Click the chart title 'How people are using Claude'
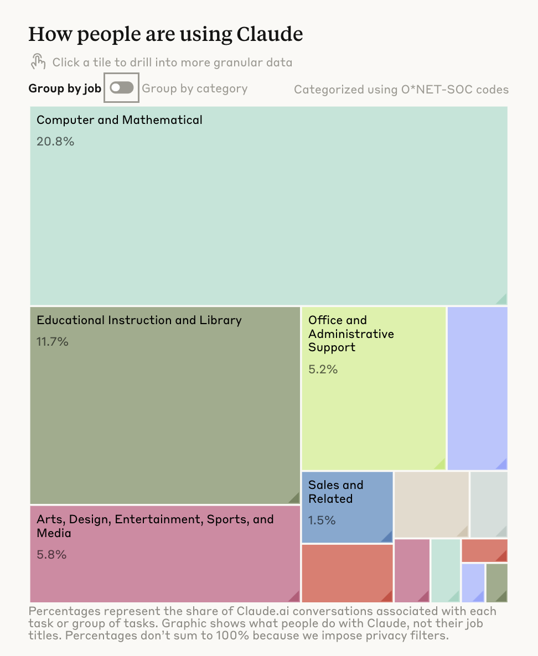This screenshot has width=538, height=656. (165, 34)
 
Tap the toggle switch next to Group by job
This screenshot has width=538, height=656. (122, 87)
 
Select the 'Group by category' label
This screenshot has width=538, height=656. (195, 88)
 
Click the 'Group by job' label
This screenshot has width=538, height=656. (65, 88)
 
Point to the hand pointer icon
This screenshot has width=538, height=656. (38, 61)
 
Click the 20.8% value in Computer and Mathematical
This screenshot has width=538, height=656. (55, 142)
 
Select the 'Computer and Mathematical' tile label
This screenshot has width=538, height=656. (120, 120)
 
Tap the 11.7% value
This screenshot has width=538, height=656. (53, 342)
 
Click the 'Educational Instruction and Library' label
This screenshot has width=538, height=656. (139, 320)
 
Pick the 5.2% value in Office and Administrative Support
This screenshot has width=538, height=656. (323, 369)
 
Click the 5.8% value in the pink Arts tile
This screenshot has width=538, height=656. (51, 554)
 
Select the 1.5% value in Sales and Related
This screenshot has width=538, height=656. (322, 520)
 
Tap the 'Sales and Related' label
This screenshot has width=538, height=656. (335, 492)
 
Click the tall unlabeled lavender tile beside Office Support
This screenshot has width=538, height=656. (477, 387)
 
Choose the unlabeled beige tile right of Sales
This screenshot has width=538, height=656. (431, 503)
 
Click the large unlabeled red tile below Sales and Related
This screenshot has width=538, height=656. (347, 573)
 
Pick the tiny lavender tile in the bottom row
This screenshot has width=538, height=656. (473, 582)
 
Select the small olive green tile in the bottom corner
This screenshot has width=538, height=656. (496, 582)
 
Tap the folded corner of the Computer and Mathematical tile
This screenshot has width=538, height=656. (501, 299)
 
